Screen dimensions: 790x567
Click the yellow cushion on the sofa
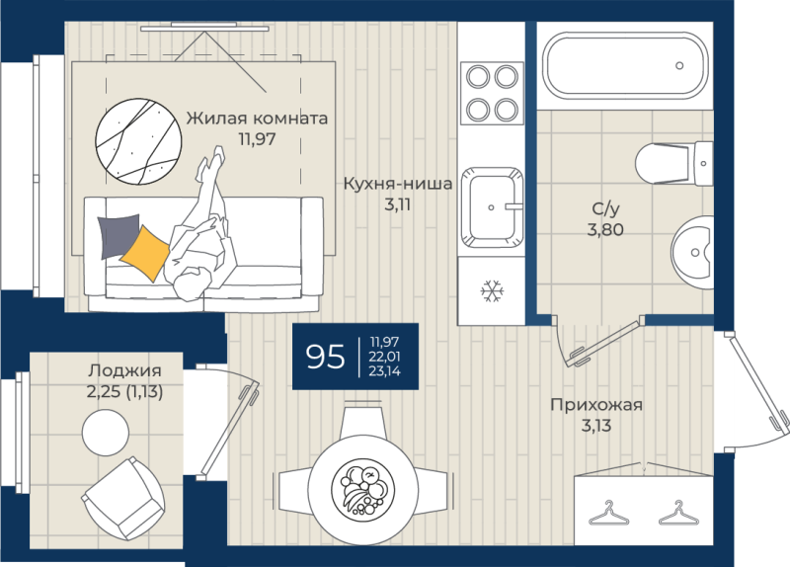pyautogui.click(x=145, y=253)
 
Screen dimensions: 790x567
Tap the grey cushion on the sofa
pyautogui.click(x=119, y=236)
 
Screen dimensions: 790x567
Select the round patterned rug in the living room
pyautogui.click(x=138, y=140)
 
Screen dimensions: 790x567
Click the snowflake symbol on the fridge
pyautogui.click(x=492, y=290)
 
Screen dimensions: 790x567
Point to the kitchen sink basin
pyautogui.click(x=492, y=207)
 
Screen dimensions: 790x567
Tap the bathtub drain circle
pyautogui.click(x=679, y=65)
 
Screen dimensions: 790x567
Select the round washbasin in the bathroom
pyautogui.click(x=692, y=252)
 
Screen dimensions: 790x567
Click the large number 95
pyautogui.click(x=326, y=357)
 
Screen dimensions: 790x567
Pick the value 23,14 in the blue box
pyautogui.click(x=384, y=371)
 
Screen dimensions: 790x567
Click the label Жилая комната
pyautogui.click(x=257, y=119)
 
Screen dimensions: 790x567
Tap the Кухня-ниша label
pyautogui.click(x=398, y=184)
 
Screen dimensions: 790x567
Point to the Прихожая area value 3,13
pyautogui.click(x=596, y=426)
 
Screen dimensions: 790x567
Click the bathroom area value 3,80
pyautogui.click(x=605, y=230)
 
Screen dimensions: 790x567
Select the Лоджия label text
pyautogui.click(x=125, y=371)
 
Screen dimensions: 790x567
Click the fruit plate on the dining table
pyautogui.click(x=362, y=489)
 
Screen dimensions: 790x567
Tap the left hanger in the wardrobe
pyautogui.click(x=608, y=513)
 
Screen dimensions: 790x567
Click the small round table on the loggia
pyautogui.click(x=106, y=433)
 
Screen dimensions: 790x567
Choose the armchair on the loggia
pyautogui.click(x=122, y=499)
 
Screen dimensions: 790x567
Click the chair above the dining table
pyautogui.click(x=362, y=423)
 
